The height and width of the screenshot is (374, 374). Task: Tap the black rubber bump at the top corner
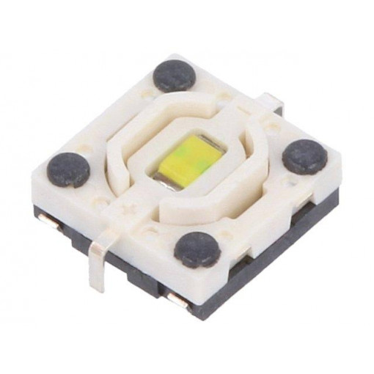point(172,76)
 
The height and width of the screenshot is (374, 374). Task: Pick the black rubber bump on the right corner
point(304,156)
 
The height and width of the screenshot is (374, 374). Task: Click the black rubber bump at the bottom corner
point(197,249)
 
